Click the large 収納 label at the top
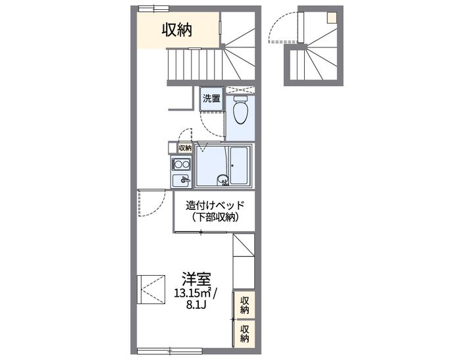pyautogui.click(x=178, y=30)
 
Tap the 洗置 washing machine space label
pyautogui.click(x=211, y=99)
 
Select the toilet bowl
pyautogui.click(x=240, y=110)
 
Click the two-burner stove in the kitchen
pyautogui.click(x=181, y=164)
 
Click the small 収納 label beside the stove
pyautogui.click(x=184, y=148)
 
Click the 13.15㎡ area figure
pyautogui.click(x=190, y=292)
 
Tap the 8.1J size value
pyautogui.click(x=196, y=305)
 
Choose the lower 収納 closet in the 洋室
pyautogui.click(x=245, y=334)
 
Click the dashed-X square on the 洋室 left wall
pyautogui.click(x=151, y=289)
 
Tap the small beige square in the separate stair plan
pyautogui.click(x=333, y=18)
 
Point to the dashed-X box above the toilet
pyautogui.click(x=244, y=90)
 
